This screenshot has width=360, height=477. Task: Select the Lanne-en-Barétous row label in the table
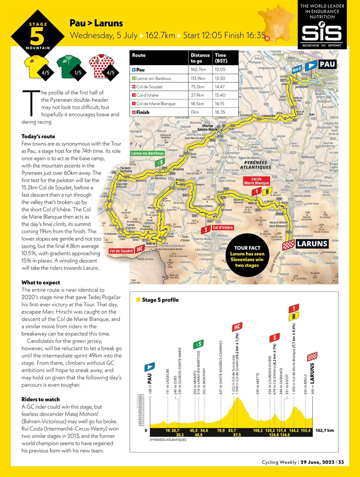click(154, 78)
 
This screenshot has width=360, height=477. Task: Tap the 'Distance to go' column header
click(200, 58)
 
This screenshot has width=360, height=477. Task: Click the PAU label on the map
click(327, 64)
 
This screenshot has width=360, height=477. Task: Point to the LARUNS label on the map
click(312, 244)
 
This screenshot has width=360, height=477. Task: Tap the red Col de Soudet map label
click(121, 251)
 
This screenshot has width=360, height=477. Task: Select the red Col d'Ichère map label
click(223, 227)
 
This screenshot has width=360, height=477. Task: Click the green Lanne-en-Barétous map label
click(147, 153)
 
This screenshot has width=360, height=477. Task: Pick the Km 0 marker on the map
click(297, 69)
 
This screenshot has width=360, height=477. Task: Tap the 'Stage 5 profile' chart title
click(160, 300)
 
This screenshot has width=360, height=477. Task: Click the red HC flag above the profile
click(237, 327)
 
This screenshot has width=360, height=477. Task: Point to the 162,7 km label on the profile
click(324, 430)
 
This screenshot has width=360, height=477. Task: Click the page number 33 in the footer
click(341, 462)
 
